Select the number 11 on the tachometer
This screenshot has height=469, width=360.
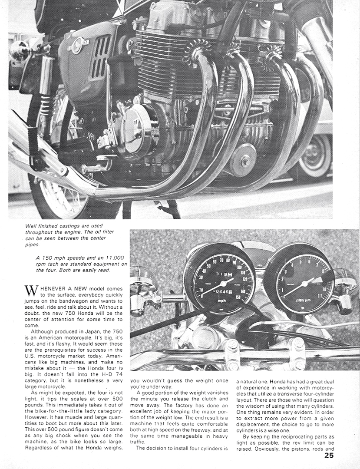point(320,295)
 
